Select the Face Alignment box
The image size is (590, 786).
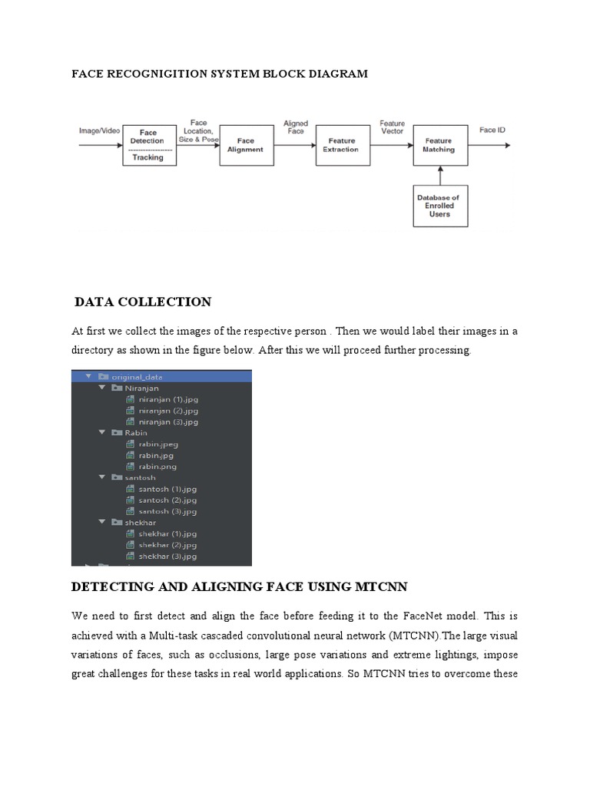pyautogui.click(x=246, y=146)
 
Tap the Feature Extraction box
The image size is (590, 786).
pyautogui.click(x=341, y=146)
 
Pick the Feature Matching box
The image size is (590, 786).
pyautogui.click(x=439, y=146)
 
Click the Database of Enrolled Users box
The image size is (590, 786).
pyautogui.click(x=439, y=206)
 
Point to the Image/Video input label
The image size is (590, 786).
pyautogui.click(x=100, y=131)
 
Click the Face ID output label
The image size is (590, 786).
pyautogui.click(x=492, y=130)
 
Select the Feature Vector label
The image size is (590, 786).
pyautogui.click(x=392, y=127)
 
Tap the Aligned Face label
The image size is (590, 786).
pyautogui.click(x=296, y=127)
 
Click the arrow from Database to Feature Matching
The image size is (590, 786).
pyautogui.click(x=439, y=176)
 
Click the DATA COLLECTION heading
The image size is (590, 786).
pyautogui.click(x=143, y=302)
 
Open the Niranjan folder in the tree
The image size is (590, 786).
pyautogui.click(x=142, y=388)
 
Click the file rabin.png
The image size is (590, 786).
pyautogui.click(x=157, y=467)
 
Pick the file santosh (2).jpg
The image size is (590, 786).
pyautogui.click(x=167, y=500)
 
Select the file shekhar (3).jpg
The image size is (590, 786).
pyautogui.click(x=167, y=556)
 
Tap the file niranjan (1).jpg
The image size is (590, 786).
pyautogui.click(x=168, y=400)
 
